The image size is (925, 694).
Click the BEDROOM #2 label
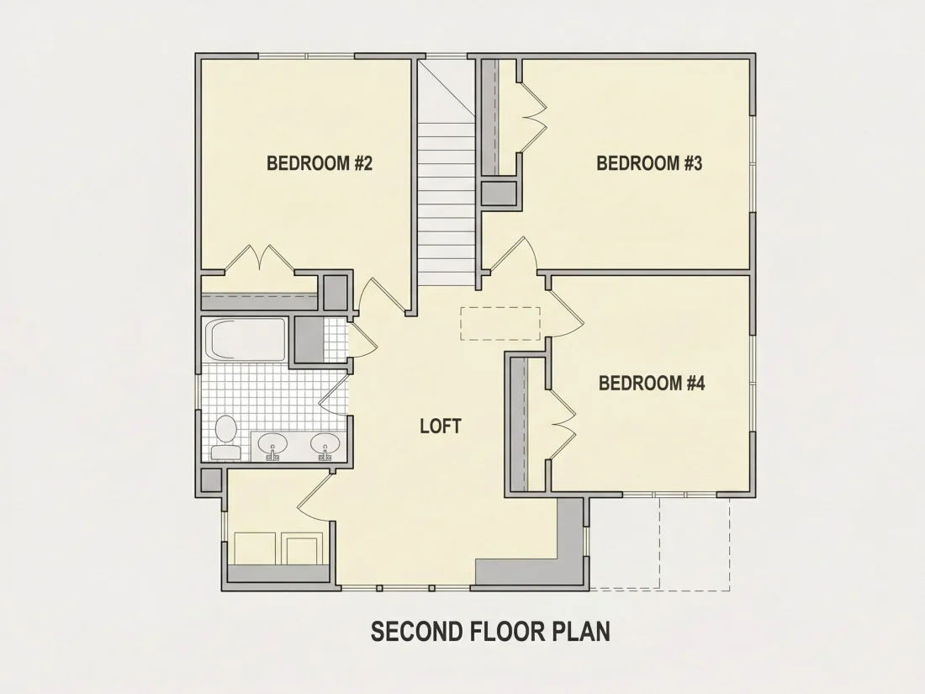[320, 163]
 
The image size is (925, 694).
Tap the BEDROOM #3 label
[649, 163]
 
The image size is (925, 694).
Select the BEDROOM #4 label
[652, 384]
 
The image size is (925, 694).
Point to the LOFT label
[441, 426]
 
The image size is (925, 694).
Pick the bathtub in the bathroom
[246, 340]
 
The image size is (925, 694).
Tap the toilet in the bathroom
[225, 437]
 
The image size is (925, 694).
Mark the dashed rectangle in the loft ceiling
[500, 323]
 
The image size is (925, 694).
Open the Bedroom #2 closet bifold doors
[260, 260]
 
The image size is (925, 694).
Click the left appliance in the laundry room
[255, 548]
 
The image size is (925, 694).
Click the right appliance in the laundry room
[303, 548]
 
